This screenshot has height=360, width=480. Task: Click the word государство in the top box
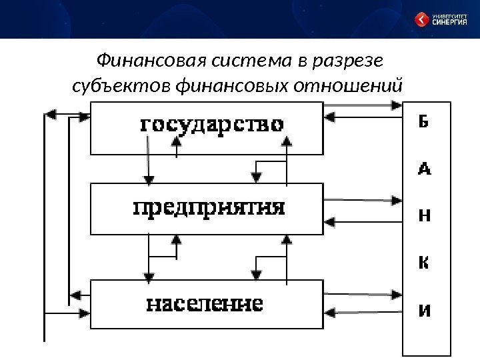pyautogui.click(x=211, y=125)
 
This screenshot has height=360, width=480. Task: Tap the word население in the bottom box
pyautogui.click(x=204, y=305)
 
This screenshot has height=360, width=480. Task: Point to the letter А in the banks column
pyautogui.click(x=424, y=169)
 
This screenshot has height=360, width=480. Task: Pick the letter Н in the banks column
pyautogui.click(x=424, y=215)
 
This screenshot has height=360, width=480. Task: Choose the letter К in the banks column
pyautogui.click(x=424, y=263)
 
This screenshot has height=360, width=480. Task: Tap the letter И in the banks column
pyautogui.click(x=424, y=311)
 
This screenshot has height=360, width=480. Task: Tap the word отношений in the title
pyautogui.click(x=358, y=87)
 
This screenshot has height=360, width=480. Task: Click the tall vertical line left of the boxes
pyautogui.click(x=44, y=227)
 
